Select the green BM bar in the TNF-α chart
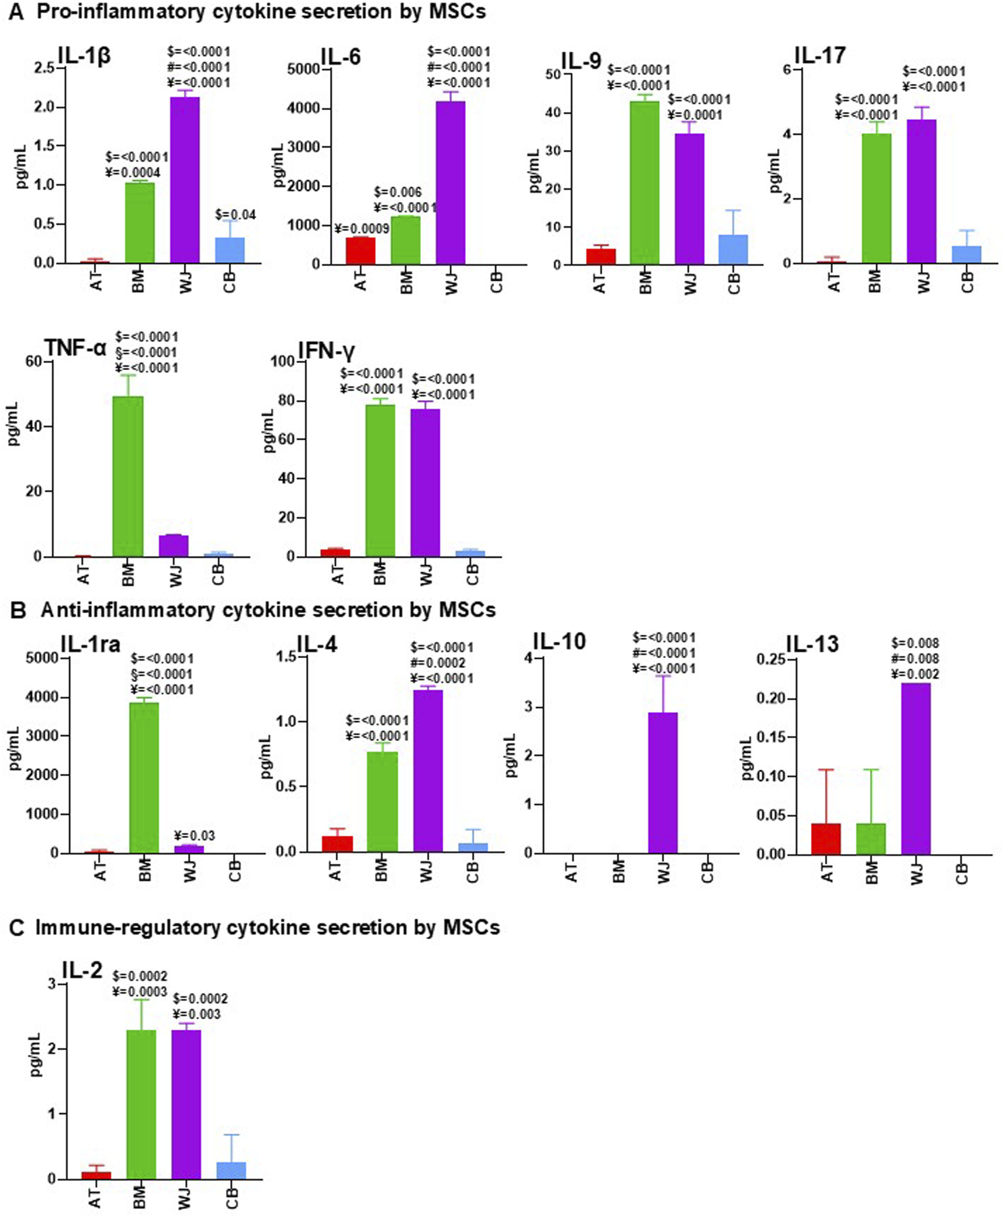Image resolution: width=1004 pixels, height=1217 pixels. point(128,476)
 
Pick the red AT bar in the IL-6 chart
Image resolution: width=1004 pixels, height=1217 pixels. point(360,250)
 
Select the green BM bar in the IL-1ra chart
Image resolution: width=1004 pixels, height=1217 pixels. point(144,777)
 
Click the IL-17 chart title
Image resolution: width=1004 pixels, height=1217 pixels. point(820,56)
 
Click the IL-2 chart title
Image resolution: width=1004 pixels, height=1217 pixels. point(82,970)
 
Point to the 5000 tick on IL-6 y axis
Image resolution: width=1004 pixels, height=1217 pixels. point(304,69)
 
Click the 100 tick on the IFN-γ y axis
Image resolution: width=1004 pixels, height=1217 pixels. point(283,362)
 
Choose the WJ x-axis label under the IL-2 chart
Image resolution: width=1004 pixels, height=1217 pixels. point(185,1198)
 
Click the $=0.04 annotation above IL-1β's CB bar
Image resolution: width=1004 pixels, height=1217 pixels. point(235,214)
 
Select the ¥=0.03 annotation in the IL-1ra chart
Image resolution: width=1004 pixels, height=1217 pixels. point(194,835)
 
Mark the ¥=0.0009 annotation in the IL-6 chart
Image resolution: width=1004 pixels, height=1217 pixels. point(362,228)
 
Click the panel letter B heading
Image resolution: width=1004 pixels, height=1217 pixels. point(19,611)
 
